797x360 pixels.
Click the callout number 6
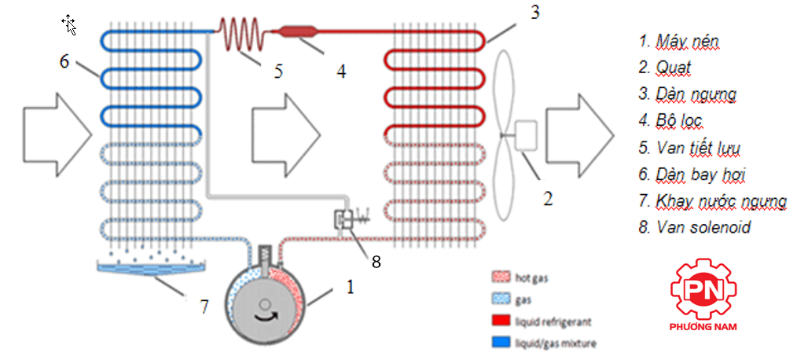point(64,61)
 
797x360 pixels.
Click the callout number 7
point(204,307)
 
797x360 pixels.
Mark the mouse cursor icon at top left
point(69,24)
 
